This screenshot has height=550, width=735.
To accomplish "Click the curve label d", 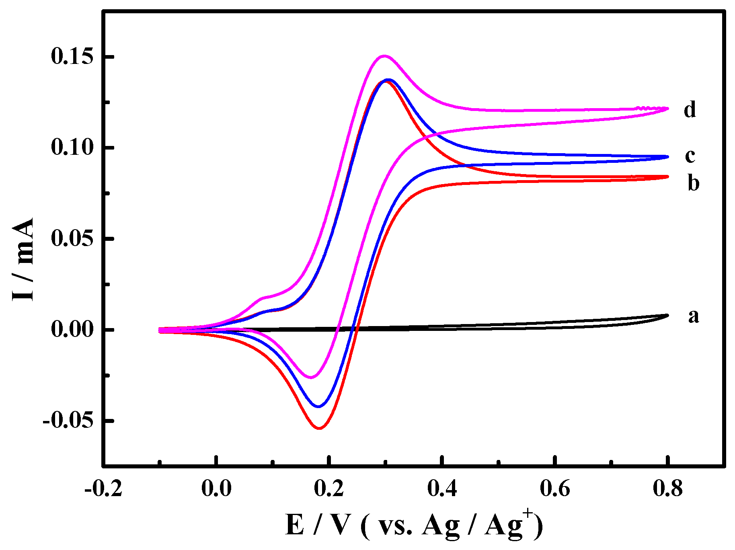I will [690, 110].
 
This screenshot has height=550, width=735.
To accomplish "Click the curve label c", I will [690, 156].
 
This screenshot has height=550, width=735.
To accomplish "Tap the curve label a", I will [693, 316].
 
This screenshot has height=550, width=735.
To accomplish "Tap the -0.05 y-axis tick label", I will [68, 421].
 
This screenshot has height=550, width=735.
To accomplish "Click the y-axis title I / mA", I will [23, 259].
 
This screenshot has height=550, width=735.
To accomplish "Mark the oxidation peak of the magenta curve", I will [384, 56].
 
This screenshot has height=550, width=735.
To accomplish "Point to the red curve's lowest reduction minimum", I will [319, 428].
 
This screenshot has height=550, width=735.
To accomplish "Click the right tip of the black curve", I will [667, 315].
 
